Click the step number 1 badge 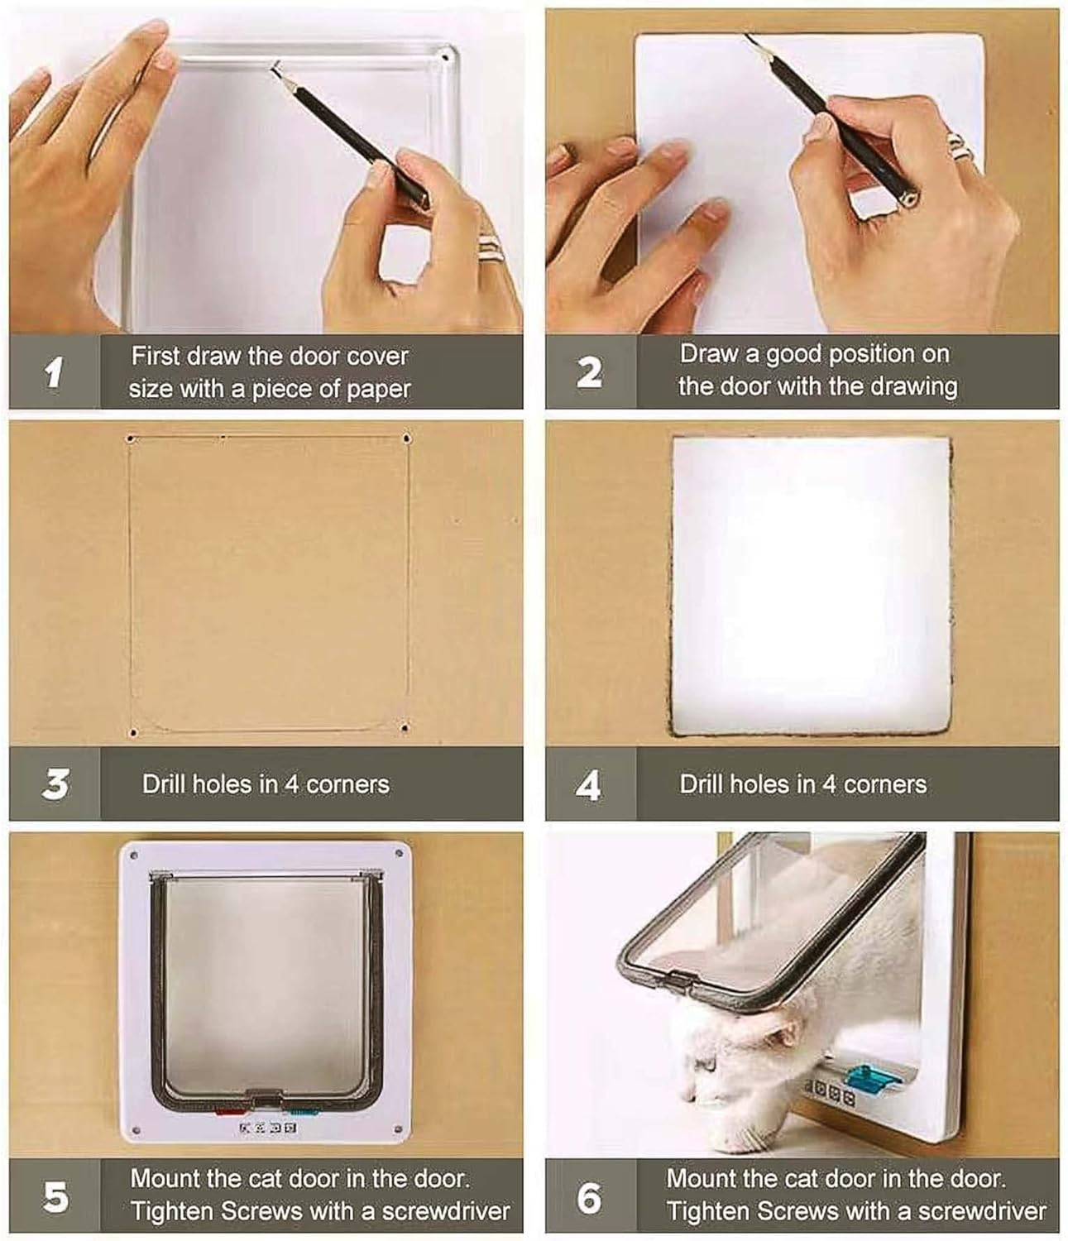pos(55,372)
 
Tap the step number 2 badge pos(589,372)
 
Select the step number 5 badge pos(55,1196)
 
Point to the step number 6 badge pos(589,1196)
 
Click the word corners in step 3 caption pos(347,784)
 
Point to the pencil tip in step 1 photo pos(273,69)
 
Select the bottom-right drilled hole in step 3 pos(404,728)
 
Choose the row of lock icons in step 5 pos(267,1128)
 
